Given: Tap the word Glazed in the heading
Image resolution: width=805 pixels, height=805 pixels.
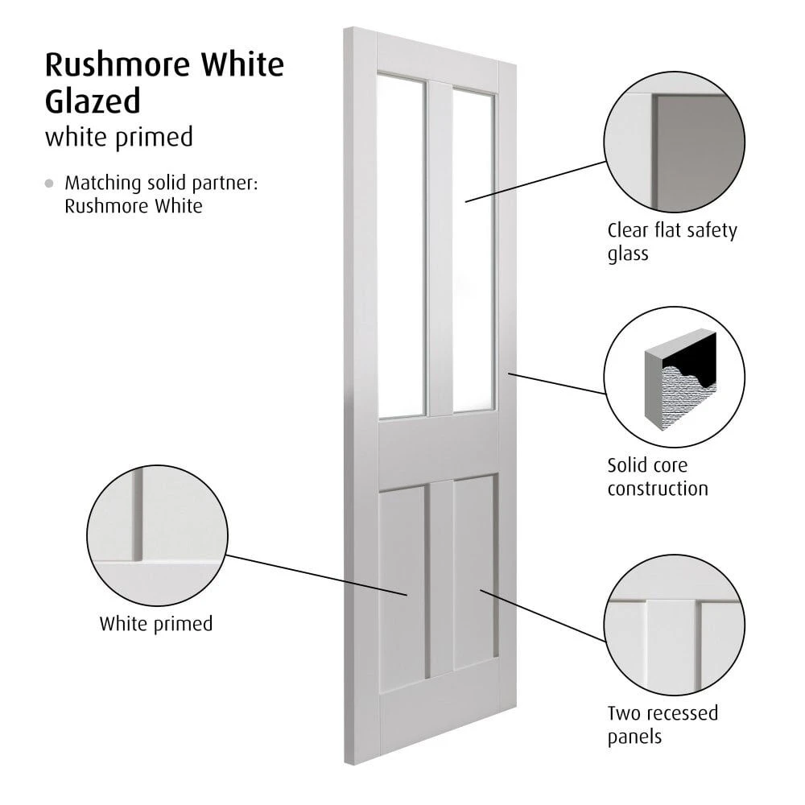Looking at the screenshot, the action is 93,101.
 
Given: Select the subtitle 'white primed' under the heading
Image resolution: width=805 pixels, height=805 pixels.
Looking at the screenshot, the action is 119,138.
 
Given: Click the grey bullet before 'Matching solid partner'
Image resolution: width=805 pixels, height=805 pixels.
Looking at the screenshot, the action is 49,184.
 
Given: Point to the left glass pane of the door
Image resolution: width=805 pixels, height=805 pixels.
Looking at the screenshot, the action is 401,246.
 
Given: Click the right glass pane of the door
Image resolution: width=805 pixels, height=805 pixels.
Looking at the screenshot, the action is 473,251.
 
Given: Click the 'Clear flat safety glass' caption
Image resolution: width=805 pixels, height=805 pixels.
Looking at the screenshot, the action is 672,242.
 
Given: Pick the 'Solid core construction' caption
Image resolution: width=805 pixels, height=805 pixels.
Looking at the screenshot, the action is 658,477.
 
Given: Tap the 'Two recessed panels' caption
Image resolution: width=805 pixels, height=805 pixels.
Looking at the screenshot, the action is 663,725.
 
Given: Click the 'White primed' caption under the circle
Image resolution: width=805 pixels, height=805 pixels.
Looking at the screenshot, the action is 156,625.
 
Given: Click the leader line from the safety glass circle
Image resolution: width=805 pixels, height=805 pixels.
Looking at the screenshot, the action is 535,182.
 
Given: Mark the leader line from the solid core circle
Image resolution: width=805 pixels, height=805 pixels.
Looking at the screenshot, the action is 557,383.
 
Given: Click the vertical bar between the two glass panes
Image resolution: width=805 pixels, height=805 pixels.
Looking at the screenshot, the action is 440,249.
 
